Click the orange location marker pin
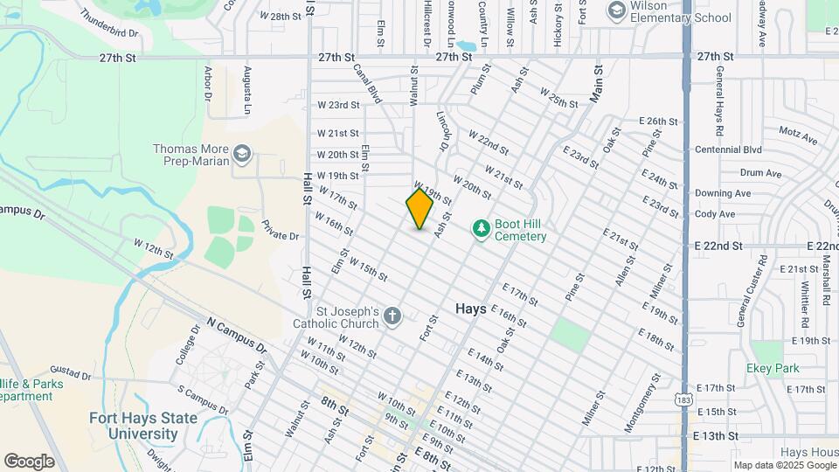419,209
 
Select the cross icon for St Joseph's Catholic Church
392,316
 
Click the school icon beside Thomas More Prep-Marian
242,156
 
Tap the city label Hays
470,309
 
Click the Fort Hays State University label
134,426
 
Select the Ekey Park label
773,368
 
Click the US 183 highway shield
685,398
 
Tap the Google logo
29,462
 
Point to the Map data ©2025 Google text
784,465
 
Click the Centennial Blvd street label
728,149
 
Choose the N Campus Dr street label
236,333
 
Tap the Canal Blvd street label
367,84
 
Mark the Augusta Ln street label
248,92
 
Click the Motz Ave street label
797,138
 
